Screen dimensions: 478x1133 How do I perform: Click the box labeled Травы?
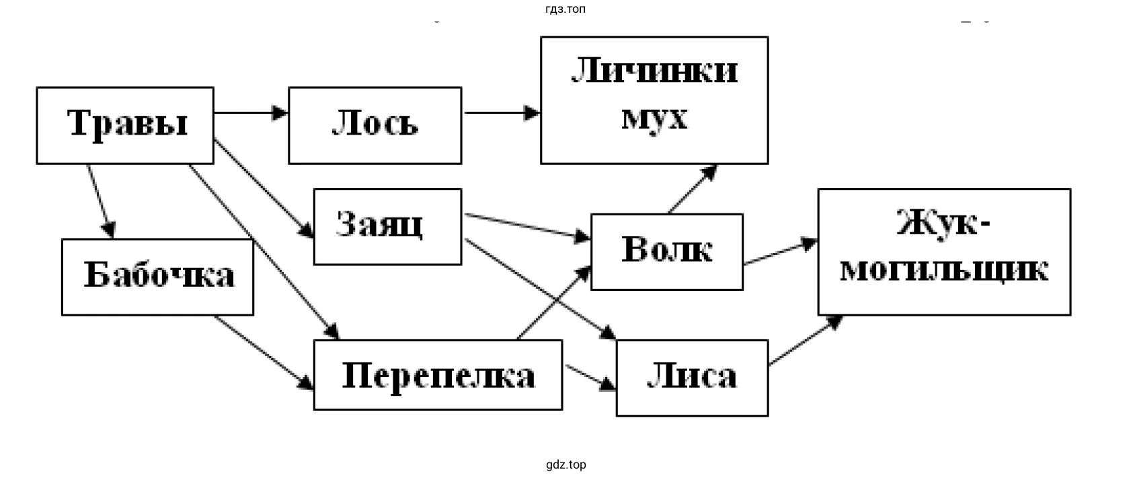[x=125, y=125]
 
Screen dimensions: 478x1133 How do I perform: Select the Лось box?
[x=375, y=125]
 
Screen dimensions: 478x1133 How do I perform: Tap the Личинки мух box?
[x=654, y=100]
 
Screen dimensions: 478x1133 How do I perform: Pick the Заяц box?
[x=387, y=226]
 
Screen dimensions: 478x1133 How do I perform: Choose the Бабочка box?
[x=157, y=277]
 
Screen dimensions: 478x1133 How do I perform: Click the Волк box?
[x=666, y=252]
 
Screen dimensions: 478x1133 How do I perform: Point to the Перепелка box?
[x=438, y=375]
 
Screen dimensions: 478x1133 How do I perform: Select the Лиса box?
[x=692, y=378]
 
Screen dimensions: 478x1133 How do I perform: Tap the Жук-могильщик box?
[x=943, y=252]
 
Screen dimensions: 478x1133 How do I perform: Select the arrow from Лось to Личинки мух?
[x=501, y=113]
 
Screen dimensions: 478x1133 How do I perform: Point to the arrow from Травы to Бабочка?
[x=100, y=201]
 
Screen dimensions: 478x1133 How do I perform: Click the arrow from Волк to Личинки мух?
[x=692, y=189]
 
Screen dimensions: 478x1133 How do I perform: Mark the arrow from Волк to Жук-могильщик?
[x=780, y=253]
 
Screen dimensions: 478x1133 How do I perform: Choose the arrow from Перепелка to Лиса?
[x=590, y=378]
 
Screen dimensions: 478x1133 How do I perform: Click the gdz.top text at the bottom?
[x=566, y=465]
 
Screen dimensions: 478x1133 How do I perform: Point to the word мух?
[x=654, y=118]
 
